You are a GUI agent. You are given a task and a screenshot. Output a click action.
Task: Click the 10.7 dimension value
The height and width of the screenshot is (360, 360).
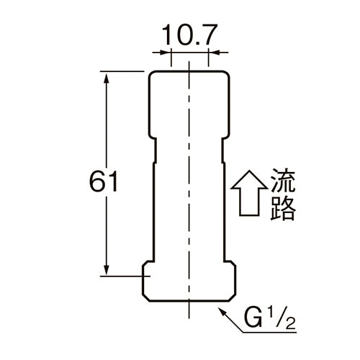(x=189, y=35)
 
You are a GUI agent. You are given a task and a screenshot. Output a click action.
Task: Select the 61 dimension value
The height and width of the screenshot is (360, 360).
(x=104, y=181)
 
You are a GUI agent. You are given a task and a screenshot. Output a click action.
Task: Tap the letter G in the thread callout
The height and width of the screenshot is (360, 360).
(x=253, y=318)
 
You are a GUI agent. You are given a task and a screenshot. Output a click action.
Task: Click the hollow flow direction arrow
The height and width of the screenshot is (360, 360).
(x=249, y=193)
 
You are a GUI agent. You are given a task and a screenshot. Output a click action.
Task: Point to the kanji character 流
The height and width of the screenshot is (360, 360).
(x=283, y=181)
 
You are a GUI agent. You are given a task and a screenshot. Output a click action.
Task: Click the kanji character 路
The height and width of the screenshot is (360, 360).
(x=283, y=209)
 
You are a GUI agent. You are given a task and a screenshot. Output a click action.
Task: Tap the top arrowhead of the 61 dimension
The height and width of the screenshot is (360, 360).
(x=106, y=78)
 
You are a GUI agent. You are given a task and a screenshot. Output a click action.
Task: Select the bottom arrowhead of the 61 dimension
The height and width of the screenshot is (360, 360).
(x=106, y=269)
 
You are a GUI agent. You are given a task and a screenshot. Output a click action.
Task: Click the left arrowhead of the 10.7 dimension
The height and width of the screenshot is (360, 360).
(x=165, y=52)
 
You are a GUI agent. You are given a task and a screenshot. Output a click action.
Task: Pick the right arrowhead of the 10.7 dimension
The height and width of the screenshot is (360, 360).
(x=215, y=52)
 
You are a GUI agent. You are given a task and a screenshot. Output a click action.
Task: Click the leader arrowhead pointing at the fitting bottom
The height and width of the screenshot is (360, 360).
(x=222, y=312)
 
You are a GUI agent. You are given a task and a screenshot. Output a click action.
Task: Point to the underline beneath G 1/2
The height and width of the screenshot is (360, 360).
(x=270, y=333)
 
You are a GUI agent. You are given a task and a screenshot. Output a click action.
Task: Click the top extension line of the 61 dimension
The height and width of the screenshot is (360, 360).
(x=122, y=71)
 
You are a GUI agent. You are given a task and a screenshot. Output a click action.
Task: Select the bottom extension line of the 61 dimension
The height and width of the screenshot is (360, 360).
(x=125, y=276)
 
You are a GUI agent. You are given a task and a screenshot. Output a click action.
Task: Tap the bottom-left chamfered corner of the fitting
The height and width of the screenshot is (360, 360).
(x=146, y=297)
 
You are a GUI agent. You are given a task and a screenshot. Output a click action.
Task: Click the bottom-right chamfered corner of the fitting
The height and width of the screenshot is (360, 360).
(x=232, y=297)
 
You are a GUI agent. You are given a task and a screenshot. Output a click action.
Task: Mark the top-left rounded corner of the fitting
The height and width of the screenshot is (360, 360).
(x=151, y=74)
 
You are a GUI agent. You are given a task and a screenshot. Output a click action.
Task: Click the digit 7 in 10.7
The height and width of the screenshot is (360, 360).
(x=209, y=35)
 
